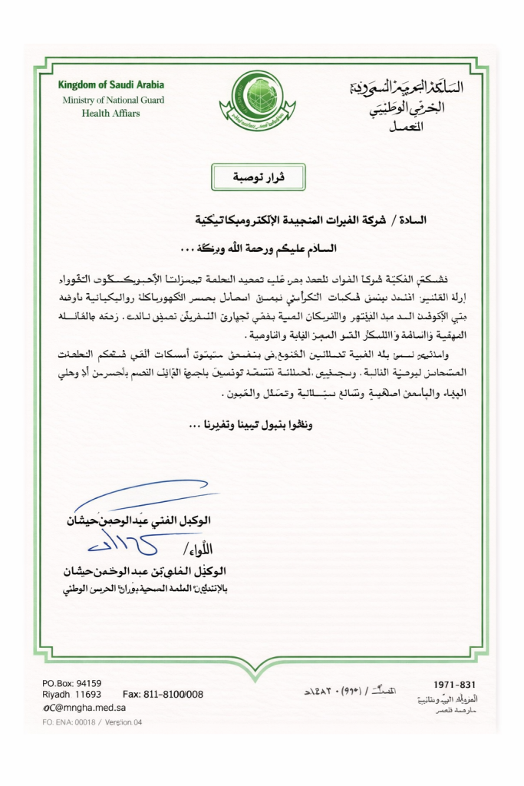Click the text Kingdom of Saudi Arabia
click(111, 85)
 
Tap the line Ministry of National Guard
click(114, 100)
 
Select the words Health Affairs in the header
click(110, 114)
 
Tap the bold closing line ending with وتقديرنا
click(259, 423)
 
